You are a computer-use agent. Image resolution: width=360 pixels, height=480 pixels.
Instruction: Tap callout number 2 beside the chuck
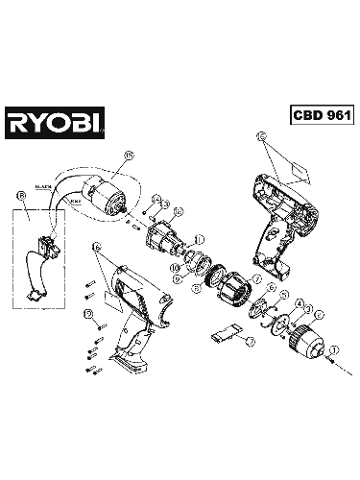(x=319, y=314)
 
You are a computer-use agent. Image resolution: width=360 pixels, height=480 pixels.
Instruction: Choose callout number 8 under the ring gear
(x=197, y=287)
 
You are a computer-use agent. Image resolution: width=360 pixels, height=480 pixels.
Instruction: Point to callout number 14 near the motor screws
(x=155, y=200)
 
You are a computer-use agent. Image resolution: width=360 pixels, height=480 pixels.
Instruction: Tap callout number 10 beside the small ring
(x=175, y=268)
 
